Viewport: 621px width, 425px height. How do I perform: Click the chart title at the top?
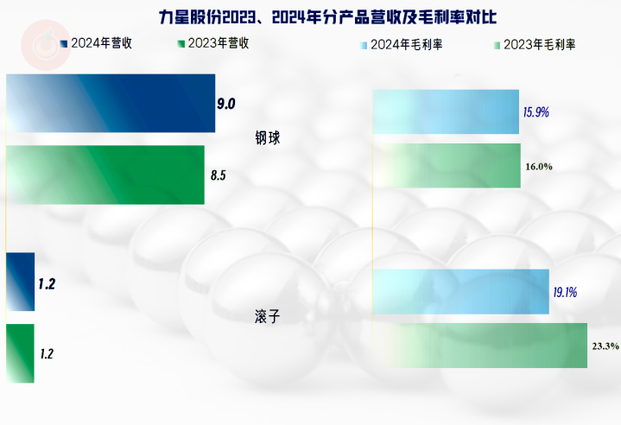tap(327, 17)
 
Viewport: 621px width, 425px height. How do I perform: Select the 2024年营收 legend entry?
tap(96, 43)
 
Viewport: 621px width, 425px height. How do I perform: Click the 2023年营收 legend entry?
tap(213, 43)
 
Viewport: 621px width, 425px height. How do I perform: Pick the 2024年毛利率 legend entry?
tap(402, 45)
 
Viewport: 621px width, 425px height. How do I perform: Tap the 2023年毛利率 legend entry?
tap(535, 45)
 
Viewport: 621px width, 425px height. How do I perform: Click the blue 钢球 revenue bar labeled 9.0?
tap(111, 103)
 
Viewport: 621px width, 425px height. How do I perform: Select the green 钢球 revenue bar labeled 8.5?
tap(105, 175)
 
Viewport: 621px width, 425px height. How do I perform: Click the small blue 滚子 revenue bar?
tap(20, 282)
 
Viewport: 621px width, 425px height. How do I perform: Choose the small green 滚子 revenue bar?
tap(20, 353)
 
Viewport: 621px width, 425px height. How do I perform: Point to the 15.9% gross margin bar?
tap(446, 111)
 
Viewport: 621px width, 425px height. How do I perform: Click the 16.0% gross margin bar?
tap(447, 166)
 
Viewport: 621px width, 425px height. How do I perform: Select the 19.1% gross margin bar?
tap(460, 292)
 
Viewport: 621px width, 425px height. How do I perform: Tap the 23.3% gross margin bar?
tap(479, 346)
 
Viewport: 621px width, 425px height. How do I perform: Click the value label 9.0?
tap(226, 104)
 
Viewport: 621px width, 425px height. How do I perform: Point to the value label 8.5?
tap(219, 175)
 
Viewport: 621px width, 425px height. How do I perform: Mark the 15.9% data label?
tap(535, 112)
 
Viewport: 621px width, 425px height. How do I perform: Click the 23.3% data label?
tap(605, 346)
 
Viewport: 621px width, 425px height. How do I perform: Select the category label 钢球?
tap(268, 138)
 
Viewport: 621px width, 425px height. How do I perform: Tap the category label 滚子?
tap(268, 316)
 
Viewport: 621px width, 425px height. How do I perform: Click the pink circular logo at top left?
tap(46, 45)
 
